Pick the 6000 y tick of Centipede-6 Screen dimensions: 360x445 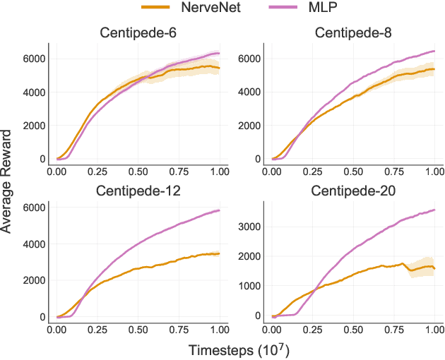pos(34,58)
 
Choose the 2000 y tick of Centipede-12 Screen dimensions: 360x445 pos(34,280)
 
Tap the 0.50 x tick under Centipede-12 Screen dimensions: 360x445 pos(138,330)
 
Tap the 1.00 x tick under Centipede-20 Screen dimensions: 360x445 pos(434,330)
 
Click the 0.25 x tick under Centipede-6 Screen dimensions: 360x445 pos(97,172)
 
